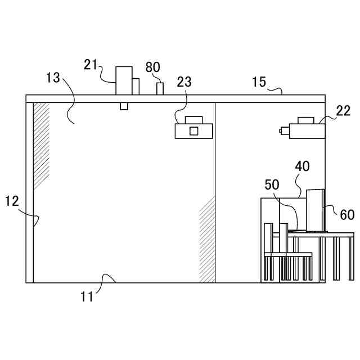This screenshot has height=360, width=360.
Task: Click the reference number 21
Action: pos(92,65)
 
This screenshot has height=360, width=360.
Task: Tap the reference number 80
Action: pos(153,68)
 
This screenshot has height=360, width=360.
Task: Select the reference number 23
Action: pos(184,82)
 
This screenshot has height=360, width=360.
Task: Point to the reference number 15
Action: pos(259,82)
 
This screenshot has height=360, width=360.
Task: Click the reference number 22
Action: pos(343,111)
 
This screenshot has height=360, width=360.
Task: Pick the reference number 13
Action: pos(53,78)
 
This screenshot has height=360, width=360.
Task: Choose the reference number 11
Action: pos(86,297)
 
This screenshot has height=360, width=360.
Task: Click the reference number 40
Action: pos(302,167)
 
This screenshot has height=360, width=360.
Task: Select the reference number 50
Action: pos(272,185)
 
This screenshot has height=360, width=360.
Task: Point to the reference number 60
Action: pos(347,214)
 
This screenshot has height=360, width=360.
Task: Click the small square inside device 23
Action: pos(193,131)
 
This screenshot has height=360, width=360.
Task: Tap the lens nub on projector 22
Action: pos(281,131)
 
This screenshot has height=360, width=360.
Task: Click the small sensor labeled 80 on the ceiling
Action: pos(160,89)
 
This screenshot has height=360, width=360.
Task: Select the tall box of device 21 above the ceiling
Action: pos(123,80)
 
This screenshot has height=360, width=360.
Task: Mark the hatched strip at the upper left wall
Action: pos(41,145)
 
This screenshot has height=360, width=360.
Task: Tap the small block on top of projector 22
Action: pos(307,120)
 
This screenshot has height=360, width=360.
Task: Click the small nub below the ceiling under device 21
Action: pos(124,106)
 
